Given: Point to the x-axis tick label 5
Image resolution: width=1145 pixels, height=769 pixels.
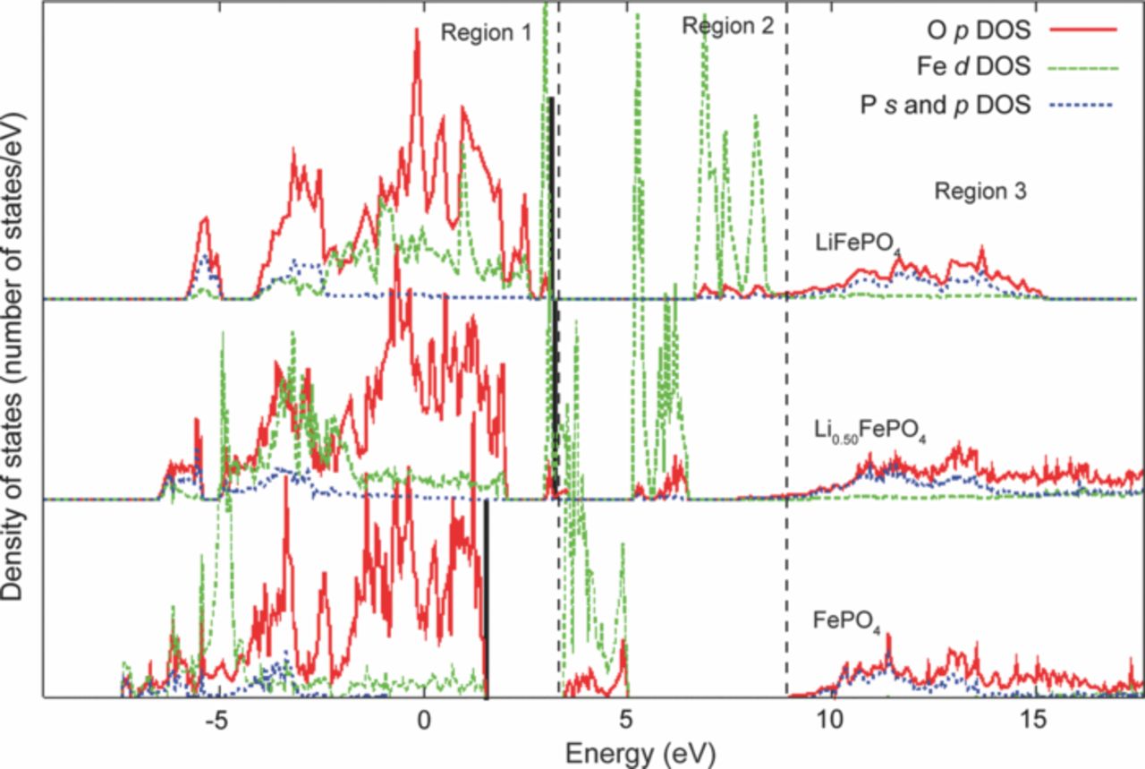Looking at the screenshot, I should (x=626, y=718).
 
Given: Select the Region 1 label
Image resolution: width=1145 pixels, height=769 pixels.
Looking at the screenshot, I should (x=486, y=32).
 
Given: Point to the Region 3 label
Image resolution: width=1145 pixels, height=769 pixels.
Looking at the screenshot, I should (x=980, y=191).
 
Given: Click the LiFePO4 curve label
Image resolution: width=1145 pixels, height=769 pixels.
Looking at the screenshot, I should (x=857, y=243).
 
